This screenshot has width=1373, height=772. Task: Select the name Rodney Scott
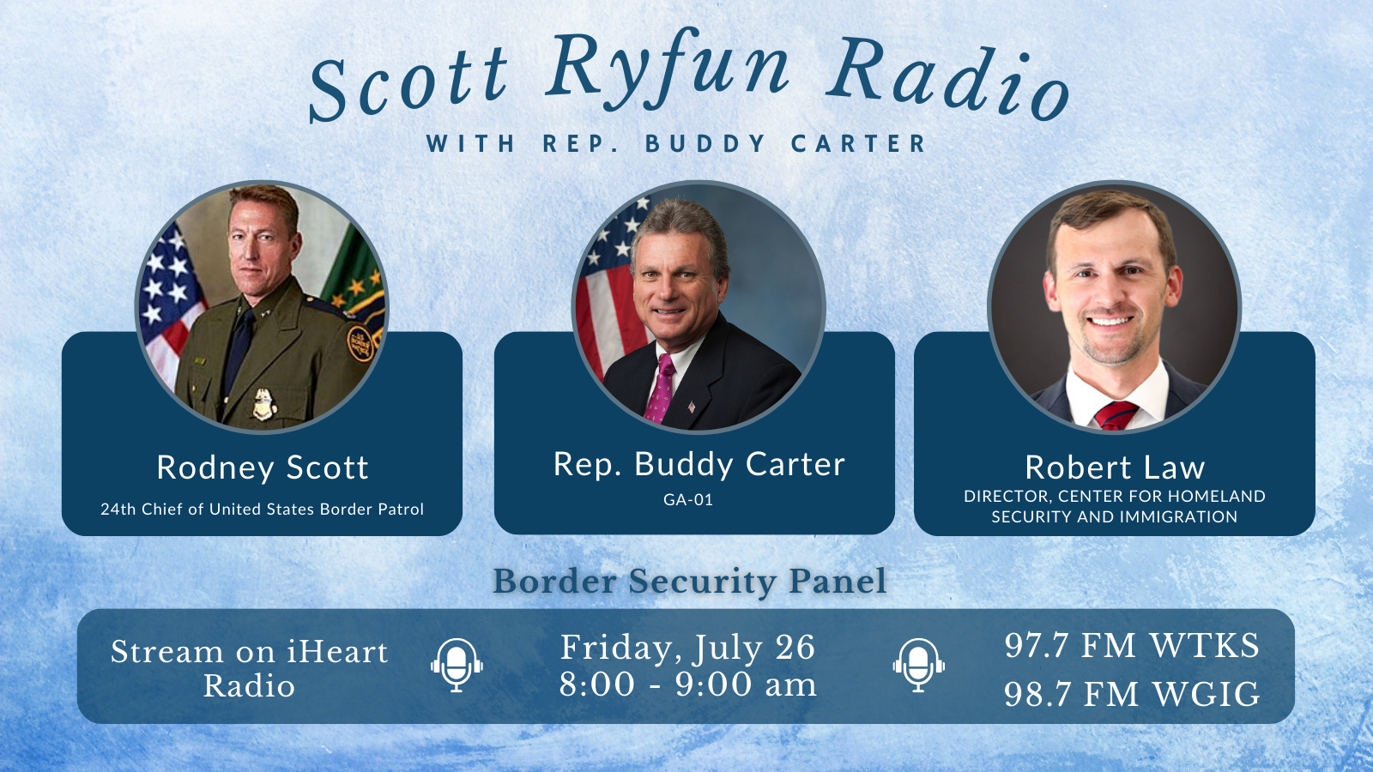click(263, 467)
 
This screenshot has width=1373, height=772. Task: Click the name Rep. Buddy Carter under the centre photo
click(699, 464)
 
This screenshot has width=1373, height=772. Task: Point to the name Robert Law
click(1115, 467)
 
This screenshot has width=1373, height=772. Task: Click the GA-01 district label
click(688, 500)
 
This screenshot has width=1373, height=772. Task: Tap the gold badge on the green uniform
click(264, 404)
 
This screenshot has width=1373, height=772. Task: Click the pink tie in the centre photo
click(660, 389)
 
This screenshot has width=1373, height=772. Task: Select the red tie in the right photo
click(1116, 416)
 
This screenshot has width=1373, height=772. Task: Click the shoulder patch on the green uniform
click(360, 343)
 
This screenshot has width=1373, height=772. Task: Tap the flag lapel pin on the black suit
click(692, 407)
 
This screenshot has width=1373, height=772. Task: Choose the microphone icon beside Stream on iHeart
click(457, 666)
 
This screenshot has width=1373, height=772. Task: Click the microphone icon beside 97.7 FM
click(918, 666)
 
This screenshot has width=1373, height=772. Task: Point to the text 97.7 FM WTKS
click(1132, 646)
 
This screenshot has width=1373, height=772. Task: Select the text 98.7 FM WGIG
click(1132, 694)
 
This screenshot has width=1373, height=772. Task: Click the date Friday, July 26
click(687, 648)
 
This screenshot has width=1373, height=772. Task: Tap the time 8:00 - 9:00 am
click(687, 684)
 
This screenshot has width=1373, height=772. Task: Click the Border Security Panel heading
click(690, 582)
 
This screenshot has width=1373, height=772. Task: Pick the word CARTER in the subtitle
click(858, 144)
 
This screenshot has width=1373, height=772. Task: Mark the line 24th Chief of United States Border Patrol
click(263, 510)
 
